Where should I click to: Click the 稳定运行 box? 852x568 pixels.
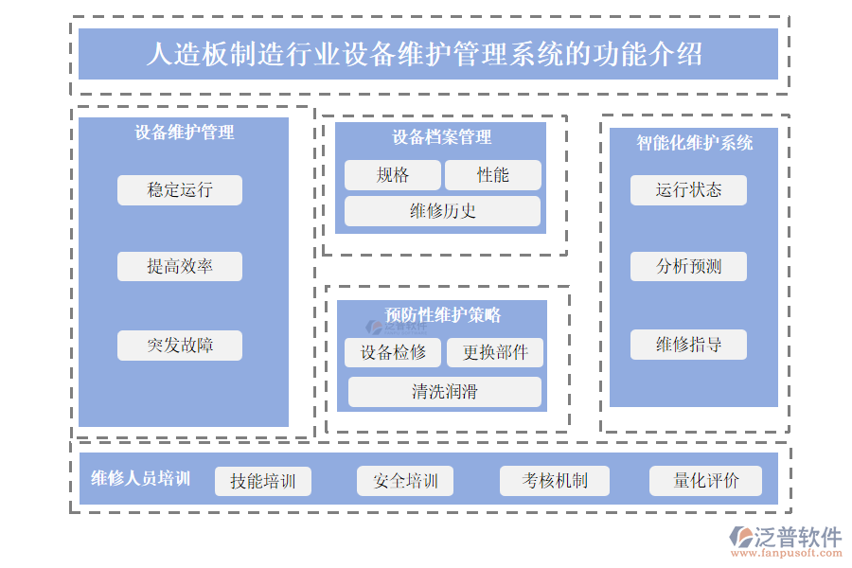(180, 190)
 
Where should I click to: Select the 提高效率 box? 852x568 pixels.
(180, 267)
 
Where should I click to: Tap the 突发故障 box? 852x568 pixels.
(180, 346)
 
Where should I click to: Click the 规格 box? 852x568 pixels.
(393, 175)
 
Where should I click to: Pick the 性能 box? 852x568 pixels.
(493, 175)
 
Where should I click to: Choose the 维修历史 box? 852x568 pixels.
(442, 211)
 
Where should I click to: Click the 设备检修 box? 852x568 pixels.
(393, 353)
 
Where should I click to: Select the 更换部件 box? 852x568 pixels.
(495, 353)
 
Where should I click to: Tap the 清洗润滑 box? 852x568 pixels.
(444, 392)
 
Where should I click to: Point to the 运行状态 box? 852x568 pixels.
(688, 190)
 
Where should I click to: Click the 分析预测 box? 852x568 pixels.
(688, 267)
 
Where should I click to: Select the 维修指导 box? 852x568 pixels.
(688, 345)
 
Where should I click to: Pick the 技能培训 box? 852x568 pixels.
(263, 481)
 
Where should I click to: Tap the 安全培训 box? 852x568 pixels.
(405, 481)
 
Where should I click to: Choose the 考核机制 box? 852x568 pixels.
(555, 481)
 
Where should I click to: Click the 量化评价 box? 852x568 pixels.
(706, 481)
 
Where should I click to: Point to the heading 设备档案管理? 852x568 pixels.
(442, 138)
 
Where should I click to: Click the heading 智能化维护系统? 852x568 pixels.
(694, 143)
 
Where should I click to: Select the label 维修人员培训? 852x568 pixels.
(141, 479)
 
